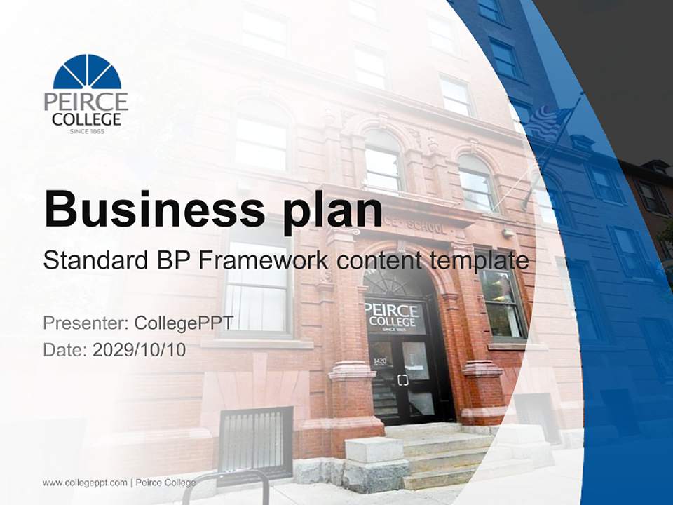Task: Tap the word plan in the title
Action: (x=333, y=208)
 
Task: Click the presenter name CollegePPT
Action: (x=184, y=323)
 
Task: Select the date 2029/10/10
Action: (x=140, y=350)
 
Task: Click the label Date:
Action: (x=64, y=350)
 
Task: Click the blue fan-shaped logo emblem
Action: (x=87, y=72)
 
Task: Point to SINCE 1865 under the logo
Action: (x=87, y=131)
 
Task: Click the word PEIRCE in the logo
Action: (x=86, y=101)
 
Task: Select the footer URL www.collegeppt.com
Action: (x=85, y=483)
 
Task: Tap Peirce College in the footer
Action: (x=165, y=483)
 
